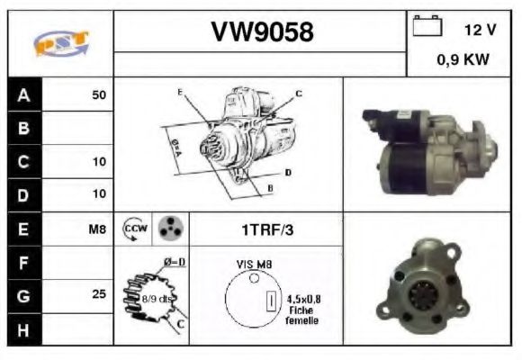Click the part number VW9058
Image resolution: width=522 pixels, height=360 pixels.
click(262, 32)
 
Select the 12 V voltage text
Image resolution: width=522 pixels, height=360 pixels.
click(480, 30)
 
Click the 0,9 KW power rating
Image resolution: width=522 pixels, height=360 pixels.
click(463, 61)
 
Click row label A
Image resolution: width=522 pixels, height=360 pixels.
click(23, 94)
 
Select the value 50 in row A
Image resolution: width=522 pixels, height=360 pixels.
click(99, 94)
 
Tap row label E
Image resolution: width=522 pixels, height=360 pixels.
click(23, 229)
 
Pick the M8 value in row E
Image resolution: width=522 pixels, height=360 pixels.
click(97, 229)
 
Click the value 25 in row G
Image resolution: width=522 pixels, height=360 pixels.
click(99, 294)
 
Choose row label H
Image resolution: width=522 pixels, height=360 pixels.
click(23, 329)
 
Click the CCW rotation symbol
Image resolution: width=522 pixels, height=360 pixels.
click(133, 229)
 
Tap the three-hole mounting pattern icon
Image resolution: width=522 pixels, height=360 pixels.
click(169, 229)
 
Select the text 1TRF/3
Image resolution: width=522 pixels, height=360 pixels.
click(266, 229)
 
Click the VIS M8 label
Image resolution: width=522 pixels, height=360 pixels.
click(255, 265)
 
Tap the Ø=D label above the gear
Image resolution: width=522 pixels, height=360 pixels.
click(174, 261)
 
